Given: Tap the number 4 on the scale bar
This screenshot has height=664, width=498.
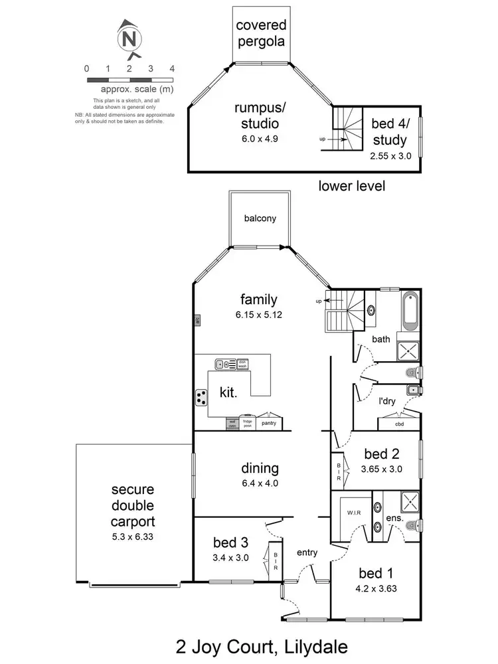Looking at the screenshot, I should pyautogui.click(x=172, y=68).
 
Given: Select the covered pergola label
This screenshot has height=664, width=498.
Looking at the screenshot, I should pyautogui.click(x=261, y=33).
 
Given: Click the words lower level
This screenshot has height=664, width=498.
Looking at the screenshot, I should pyautogui.click(x=351, y=186).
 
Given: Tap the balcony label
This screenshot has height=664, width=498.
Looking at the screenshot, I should pyautogui.click(x=260, y=218).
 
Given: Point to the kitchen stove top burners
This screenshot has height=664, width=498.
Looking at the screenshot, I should pyautogui.click(x=201, y=397).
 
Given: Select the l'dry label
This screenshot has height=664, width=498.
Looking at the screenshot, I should pyautogui.click(x=388, y=403).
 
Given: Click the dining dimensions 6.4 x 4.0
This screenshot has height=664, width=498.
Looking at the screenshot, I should pyautogui.click(x=260, y=483).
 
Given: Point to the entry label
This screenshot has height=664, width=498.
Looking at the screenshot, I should pyautogui.click(x=307, y=552).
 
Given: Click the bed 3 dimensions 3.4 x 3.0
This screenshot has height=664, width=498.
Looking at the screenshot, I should pyautogui.click(x=230, y=558).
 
